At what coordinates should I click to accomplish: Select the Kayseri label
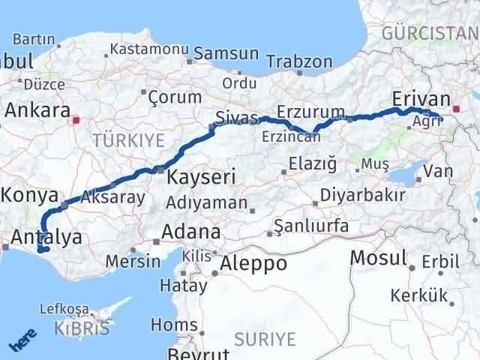pos(201,178)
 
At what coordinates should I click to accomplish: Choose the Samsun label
pos(226,55)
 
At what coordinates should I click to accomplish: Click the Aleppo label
pos(253,264)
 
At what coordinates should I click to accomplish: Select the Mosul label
pos(379,258)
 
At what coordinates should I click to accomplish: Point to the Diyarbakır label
pos(362,194)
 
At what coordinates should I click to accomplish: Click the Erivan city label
pos(420,100)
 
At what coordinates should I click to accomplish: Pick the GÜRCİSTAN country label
pos(429,34)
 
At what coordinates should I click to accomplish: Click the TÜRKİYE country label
pos(127,139)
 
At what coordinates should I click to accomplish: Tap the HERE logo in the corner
pos(22,341)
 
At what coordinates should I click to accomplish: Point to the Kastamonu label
pos(148,49)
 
